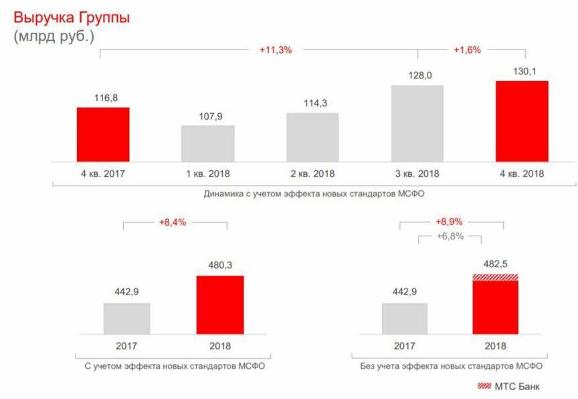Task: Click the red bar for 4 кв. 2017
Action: pyautogui.click(x=103, y=134)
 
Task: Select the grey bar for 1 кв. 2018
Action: pyautogui.click(x=208, y=143)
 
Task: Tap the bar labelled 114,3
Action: pyautogui.click(x=312, y=137)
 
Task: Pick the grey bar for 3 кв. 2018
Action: pyautogui.click(x=417, y=123)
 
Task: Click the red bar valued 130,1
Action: pyautogui.click(x=521, y=121)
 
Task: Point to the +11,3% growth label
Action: pyautogui.click(x=276, y=50)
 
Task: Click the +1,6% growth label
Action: pyautogui.click(x=467, y=50)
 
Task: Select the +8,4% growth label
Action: pyautogui.click(x=173, y=222)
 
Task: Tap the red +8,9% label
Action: pyautogui.click(x=450, y=222)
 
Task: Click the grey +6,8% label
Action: pyautogui.click(x=450, y=236)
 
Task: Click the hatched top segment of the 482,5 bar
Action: pyautogui.click(x=496, y=277)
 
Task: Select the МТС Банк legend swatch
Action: pyautogui.click(x=484, y=386)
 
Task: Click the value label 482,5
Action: pyautogui.click(x=496, y=264)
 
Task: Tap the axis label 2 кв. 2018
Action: pyautogui.click(x=312, y=173)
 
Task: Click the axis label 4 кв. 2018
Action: pyautogui.click(x=521, y=173)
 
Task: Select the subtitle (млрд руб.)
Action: pyautogui.click(x=54, y=36)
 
